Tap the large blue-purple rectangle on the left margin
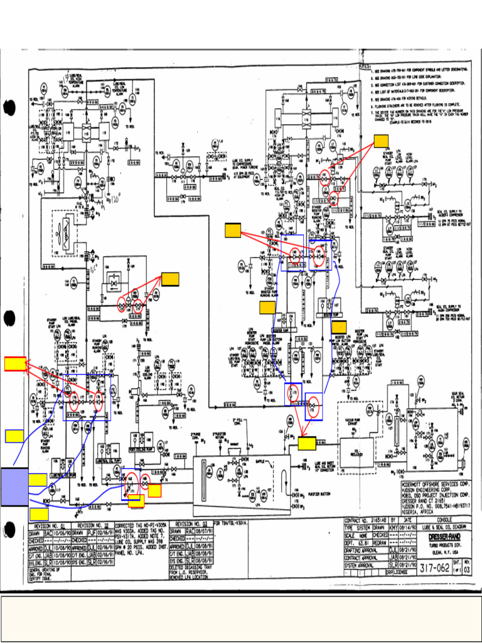click(14, 487)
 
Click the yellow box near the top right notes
click(381, 141)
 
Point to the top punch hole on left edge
click(9, 107)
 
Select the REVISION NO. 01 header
click(50, 523)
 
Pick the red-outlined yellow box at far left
click(15, 364)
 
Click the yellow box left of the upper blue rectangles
click(233, 230)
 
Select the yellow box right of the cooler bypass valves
click(170, 279)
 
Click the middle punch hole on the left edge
click(9, 319)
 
